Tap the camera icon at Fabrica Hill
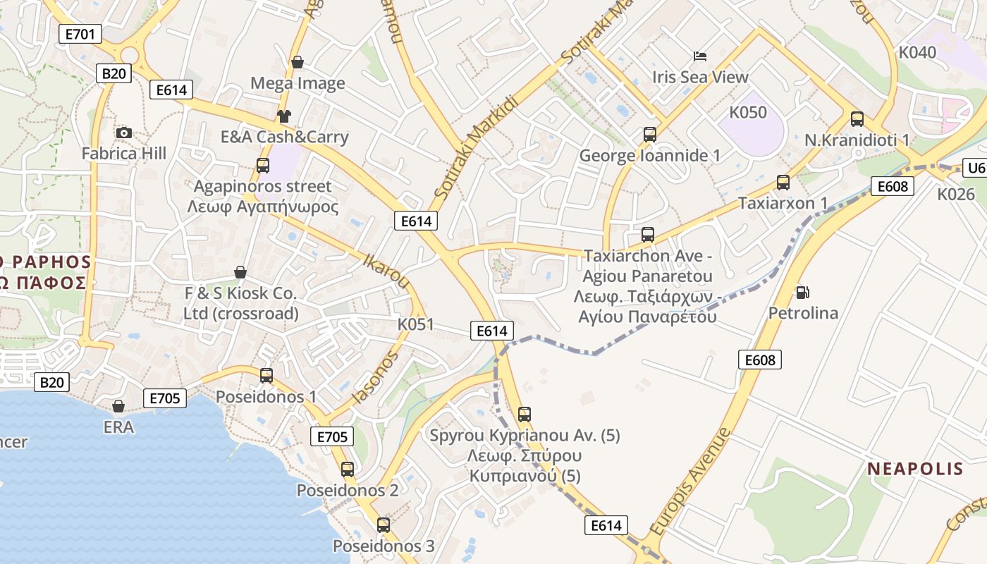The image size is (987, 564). (124, 133)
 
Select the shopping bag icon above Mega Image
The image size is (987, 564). (298, 62)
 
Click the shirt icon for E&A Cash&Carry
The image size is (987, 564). (284, 116)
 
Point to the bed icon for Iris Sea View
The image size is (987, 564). (700, 56)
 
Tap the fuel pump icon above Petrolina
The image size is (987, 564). (802, 292)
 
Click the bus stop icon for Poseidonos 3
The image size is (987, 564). (383, 525)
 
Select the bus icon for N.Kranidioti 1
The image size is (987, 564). (857, 119)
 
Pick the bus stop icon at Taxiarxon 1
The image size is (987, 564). (783, 183)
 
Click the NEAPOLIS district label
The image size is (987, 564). (915, 469)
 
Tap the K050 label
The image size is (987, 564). (748, 112)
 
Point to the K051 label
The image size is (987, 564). (416, 324)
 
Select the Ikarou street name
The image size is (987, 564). (386, 271)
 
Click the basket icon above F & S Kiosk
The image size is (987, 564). (240, 272)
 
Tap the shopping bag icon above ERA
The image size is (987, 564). (118, 406)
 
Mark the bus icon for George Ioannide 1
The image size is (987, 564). (650, 134)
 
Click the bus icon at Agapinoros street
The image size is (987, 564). (263, 166)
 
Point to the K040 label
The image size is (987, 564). (917, 52)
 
